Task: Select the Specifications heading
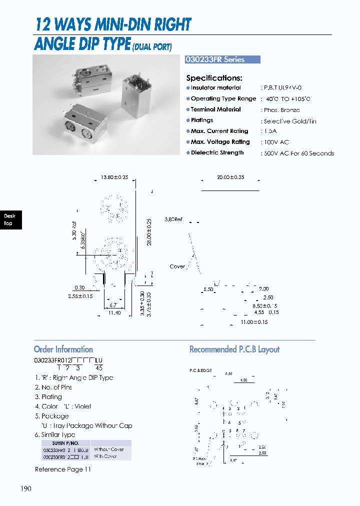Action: coord(214,78)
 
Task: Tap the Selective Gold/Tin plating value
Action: coord(289,121)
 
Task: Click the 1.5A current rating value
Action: coord(270,131)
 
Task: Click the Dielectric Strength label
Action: coord(217,153)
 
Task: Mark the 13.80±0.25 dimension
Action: coord(114,177)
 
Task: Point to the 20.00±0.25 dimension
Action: coord(230,177)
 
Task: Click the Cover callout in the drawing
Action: coord(177,266)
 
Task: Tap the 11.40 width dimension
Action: coord(114,312)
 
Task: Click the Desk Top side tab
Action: coord(9,220)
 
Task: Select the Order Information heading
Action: coord(63,349)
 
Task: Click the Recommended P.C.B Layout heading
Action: coord(234,349)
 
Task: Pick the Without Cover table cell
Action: coord(108,449)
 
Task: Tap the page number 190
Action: coord(26,488)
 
